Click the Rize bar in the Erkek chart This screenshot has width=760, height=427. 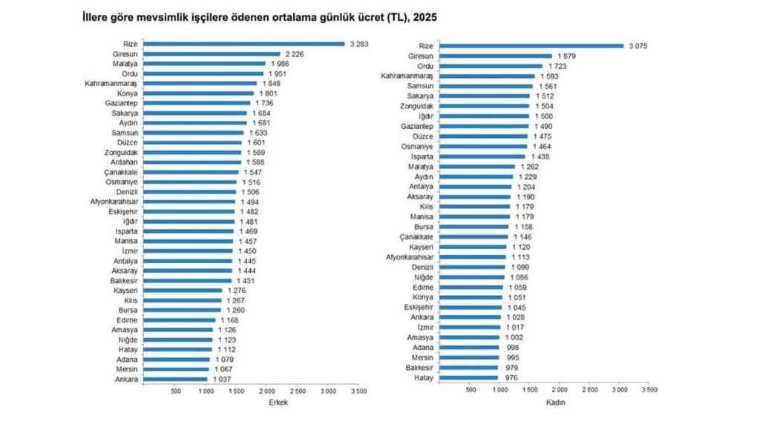click(x=245, y=44)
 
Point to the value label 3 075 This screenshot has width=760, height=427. click(x=638, y=46)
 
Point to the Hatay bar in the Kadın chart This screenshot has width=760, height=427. click(x=468, y=378)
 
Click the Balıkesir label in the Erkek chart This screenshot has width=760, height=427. click(x=121, y=281)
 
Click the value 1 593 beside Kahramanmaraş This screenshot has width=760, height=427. click(x=550, y=76)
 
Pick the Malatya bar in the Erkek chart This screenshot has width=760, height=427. click(x=205, y=64)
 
